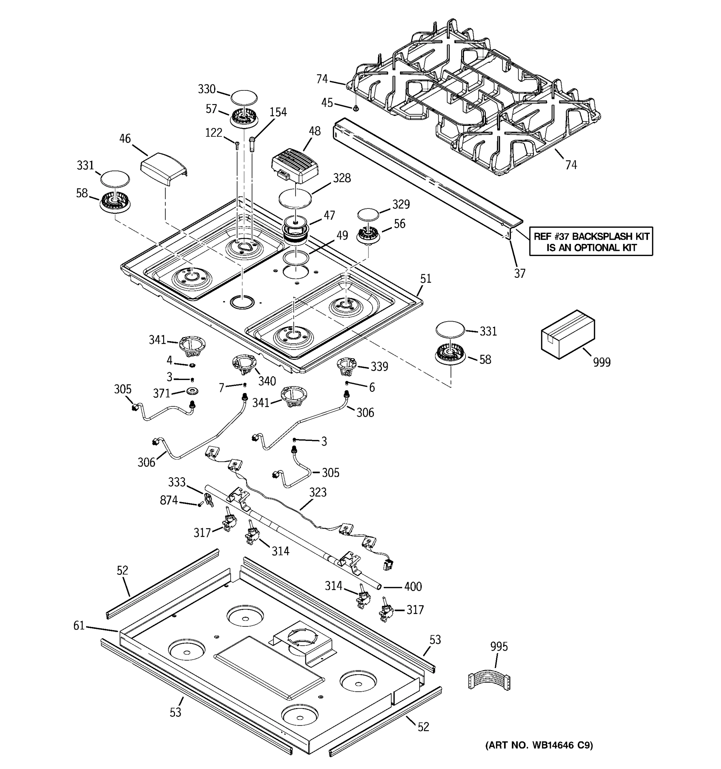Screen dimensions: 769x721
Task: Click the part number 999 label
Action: click(x=601, y=362)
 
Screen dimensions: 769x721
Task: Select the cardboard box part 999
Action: click(x=567, y=334)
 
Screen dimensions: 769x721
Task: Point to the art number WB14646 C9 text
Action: click(x=539, y=745)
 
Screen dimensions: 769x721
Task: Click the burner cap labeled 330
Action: click(x=244, y=97)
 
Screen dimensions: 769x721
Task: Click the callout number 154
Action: click(x=278, y=112)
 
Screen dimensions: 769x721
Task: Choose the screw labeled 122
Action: click(x=237, y=145)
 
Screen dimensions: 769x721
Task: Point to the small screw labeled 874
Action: click(x=200, y=504)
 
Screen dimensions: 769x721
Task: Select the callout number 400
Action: click(x=413, y=586)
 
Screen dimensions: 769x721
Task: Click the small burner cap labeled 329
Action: click(x=368, y=215)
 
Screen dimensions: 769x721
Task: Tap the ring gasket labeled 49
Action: click(x=295, y=258)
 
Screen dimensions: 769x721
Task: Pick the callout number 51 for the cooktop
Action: click(x=426, y=278)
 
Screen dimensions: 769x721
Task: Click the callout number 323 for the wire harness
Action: click(x=318, y=492)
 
